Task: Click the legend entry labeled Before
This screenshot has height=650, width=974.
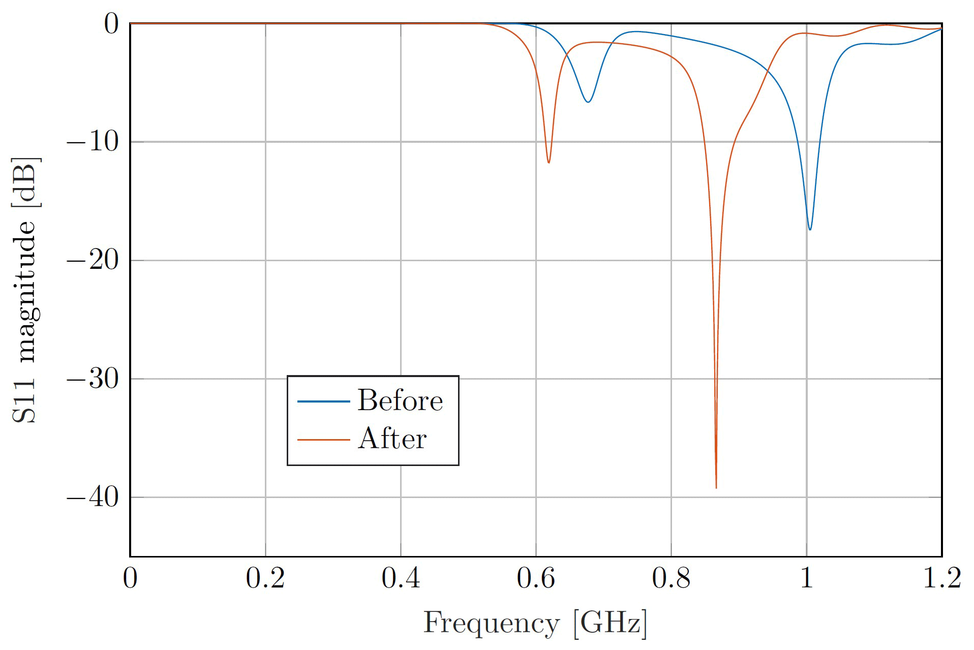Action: (x=400, y=400)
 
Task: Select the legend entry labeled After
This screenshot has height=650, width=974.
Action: (x=392, y=439)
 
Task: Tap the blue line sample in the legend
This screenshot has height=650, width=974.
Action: (x=323, y=401)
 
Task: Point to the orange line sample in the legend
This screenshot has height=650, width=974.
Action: (x=323, y=439)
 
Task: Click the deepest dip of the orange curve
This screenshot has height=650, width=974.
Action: (x=716, y=487)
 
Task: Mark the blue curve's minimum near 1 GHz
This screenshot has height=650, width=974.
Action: (x=810, y=229)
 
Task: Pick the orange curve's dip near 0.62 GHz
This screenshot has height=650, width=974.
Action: (x=549, y=162)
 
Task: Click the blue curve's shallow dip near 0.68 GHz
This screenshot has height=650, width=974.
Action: (x=588, y=102)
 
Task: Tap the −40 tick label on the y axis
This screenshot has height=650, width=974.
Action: (x=93, y=497)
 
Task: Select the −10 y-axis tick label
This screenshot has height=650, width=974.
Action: (x=93, y=142)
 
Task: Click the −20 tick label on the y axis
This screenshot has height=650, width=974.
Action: (x=93, y=260)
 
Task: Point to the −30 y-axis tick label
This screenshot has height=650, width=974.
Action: (x=93, y=379)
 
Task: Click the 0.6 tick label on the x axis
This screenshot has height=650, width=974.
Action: (x=536, y=578)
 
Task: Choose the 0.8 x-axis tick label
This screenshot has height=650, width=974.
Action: (x=671, y=578)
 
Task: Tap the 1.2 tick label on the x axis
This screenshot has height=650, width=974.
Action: (x=941, y=578)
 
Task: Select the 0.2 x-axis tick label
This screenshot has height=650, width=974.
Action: (x=265, y=578)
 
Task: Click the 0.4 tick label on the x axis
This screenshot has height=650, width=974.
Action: (x=401, y=578)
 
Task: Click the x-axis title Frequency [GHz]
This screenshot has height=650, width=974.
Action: (x=535, y=623)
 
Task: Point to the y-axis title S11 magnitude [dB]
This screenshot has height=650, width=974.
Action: (x=24, y=290)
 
